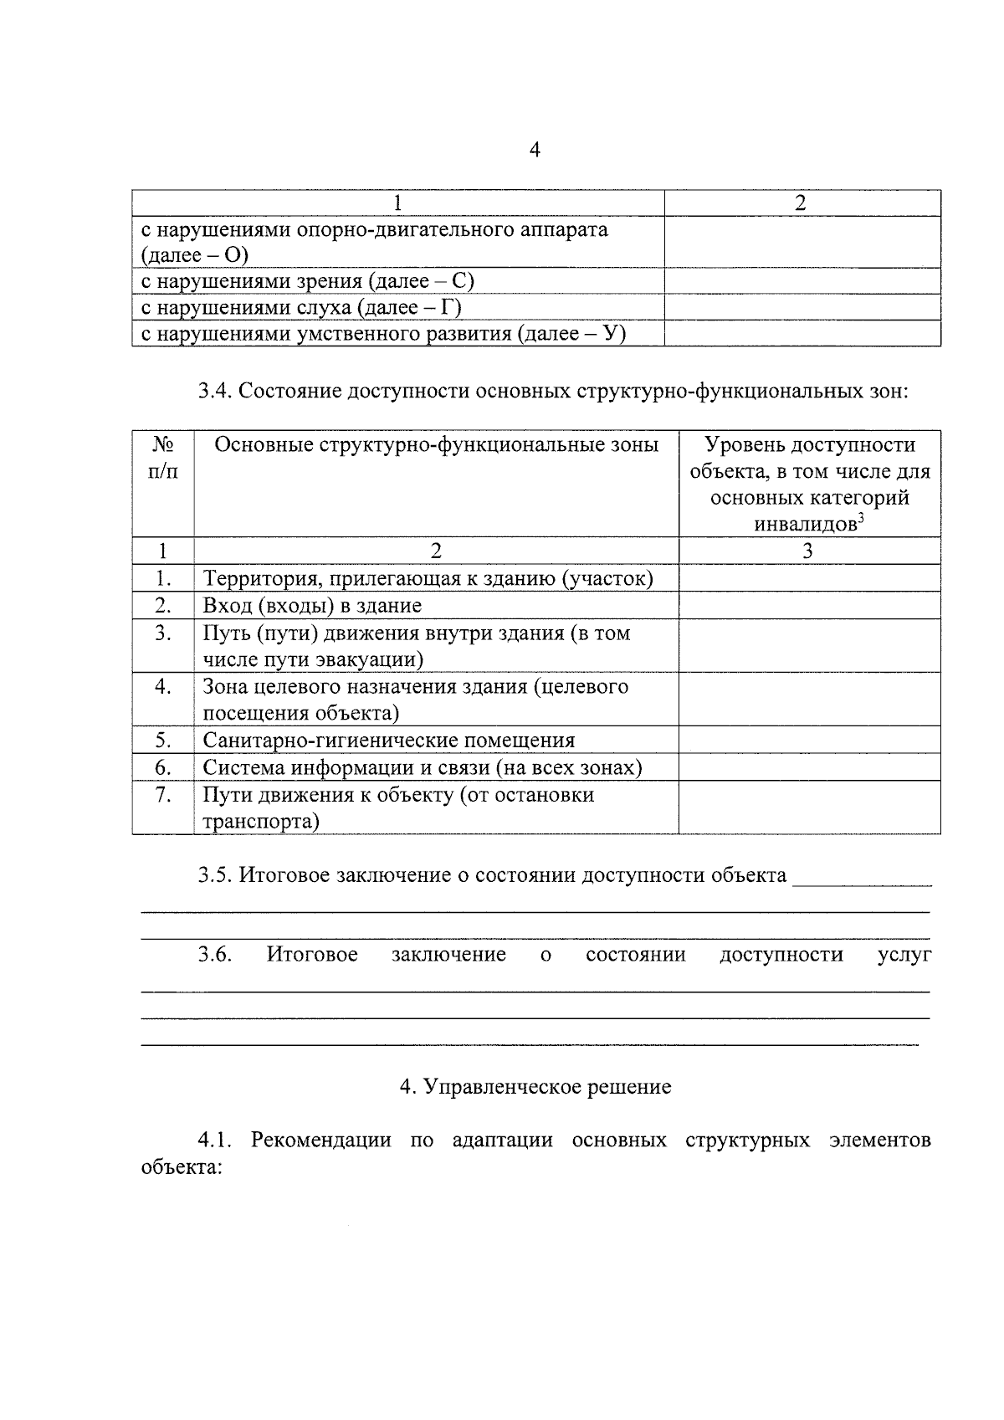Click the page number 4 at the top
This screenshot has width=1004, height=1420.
click(x=535, y=151)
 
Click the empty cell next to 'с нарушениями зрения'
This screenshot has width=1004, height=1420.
click(x=802, y=281)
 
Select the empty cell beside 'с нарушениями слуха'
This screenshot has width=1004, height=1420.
click(x=802, y=308)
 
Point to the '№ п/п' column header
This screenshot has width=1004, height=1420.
click(x=163, y=458)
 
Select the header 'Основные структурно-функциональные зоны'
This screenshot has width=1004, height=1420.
click(x=436, y=445)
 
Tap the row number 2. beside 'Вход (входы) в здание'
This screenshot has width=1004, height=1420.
click(x=163, y=605)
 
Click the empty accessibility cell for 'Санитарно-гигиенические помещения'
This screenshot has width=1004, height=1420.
click(x=809, y=741)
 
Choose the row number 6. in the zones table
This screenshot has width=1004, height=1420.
click(x=163, y=767)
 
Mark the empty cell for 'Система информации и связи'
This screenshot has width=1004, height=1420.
click(x=809, y=767)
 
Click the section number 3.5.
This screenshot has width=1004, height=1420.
click(x=215, y=875)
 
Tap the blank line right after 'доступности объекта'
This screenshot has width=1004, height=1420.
click(x=862, y=879)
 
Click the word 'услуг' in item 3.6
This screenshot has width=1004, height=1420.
click(x=904, y=955)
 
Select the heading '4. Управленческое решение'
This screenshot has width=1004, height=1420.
click(x=535, y=1087)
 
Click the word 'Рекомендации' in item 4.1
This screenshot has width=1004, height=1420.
click(x=320, y=1141)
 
